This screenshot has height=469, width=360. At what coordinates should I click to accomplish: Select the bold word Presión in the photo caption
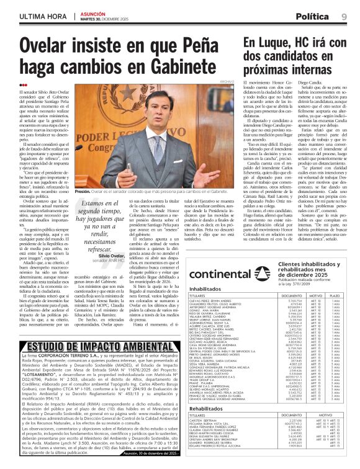83,192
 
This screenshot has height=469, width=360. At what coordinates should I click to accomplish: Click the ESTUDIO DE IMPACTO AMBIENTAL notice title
92,346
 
